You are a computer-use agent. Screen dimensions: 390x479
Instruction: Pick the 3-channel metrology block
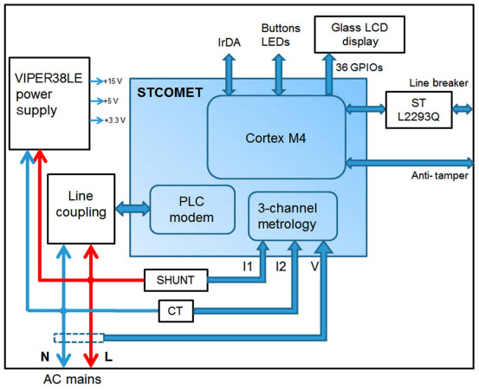point(292,216)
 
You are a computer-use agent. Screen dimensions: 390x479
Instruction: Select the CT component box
point(176,309)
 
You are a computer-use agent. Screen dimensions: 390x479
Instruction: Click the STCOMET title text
point(176,90)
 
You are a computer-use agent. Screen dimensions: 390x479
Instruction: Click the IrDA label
point(230,41)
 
